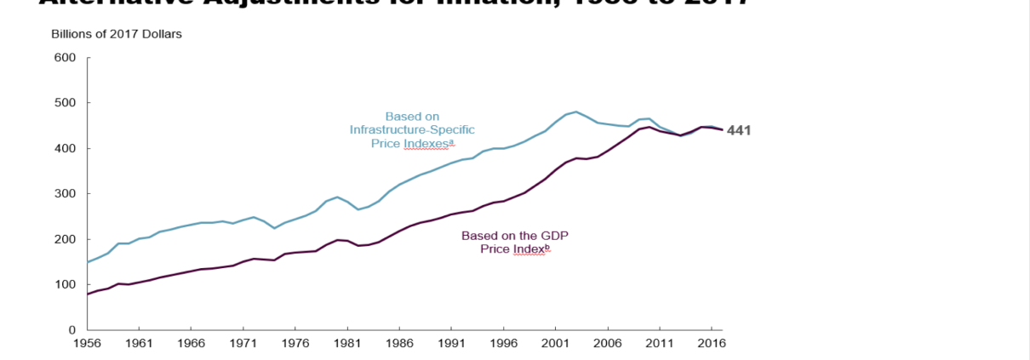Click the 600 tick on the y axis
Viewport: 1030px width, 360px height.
click(66, 58)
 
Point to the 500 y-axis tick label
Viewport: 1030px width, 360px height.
click(66, 103)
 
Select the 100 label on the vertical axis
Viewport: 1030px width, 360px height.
click(66, 284)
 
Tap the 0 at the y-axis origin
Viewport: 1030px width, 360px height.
click(72, 329)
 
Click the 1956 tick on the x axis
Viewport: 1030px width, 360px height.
click(87, 344)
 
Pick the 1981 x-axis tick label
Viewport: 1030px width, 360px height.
click(346, 344)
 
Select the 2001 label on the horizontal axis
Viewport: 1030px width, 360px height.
click(555, 344)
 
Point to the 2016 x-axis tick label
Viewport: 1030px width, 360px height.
click(711, 344)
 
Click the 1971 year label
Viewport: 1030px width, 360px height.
click(243, 344)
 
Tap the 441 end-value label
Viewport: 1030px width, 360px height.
click(738, 130)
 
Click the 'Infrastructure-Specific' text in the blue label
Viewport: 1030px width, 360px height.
click(412, 129)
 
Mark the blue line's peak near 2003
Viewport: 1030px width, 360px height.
click(576, 111)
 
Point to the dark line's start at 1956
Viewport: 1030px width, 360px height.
click(88, 294)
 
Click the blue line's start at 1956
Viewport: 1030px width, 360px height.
click(88, 262)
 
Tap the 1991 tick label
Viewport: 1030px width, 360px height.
click(451, 344)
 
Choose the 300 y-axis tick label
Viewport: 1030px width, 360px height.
click(66, 194)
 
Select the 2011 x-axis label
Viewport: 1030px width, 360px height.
click(659, 344)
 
